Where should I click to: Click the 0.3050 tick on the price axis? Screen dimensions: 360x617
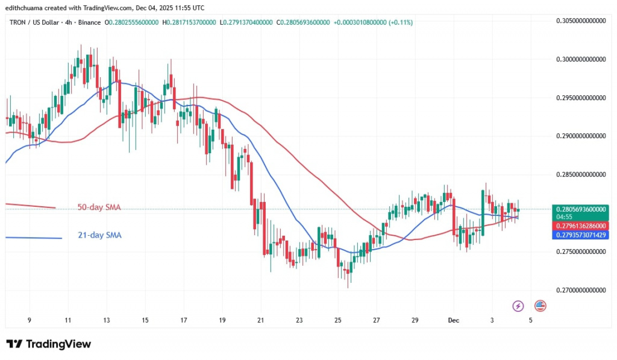(x=580, y=21)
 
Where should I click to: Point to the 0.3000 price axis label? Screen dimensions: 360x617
(x=580, y=59)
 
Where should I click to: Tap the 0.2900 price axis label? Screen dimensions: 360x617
(x=580, y=136)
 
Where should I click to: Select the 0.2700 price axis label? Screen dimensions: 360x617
(x=580, y=290)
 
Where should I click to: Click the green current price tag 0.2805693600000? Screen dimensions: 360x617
(x=580, y=209)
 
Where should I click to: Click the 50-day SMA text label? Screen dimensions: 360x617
(x=99, y=207)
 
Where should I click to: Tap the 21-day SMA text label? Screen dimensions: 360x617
(x=99, y=235)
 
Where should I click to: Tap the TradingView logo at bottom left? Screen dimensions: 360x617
(x=49, y=344)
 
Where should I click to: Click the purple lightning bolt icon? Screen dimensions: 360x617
(x=518, y=306)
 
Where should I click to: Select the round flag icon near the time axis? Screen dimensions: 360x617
(x=540, y=306)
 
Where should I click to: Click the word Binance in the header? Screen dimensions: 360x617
(x=88, y=22)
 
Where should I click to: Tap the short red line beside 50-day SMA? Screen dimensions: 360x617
(x=30, y=206)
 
